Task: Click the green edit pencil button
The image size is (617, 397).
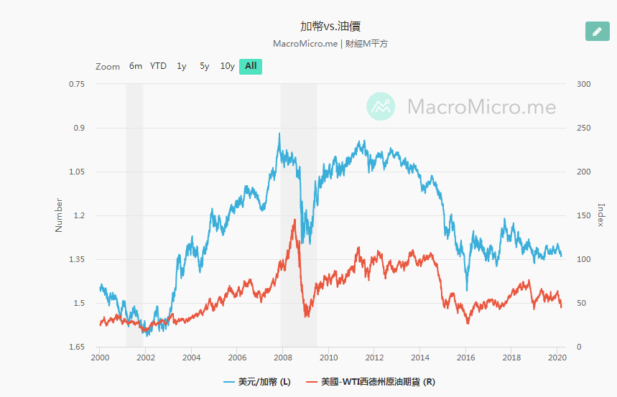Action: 597,32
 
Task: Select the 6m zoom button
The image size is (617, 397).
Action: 136,66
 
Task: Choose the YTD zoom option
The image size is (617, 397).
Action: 158,66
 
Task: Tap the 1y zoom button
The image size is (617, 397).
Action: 182,66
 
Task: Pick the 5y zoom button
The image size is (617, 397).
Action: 205,66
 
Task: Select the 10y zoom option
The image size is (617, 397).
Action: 227,66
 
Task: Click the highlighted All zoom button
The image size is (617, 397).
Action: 251,66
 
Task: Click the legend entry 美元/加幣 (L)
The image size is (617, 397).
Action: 257,382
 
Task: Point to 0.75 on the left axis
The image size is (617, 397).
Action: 77,84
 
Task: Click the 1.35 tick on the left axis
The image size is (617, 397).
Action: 76,259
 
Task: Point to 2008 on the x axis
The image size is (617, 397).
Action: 282,357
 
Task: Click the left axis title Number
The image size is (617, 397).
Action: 60,215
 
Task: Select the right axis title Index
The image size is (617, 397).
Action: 601,215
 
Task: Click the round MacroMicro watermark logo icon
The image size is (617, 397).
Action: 381,106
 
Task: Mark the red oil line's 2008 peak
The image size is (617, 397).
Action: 294,220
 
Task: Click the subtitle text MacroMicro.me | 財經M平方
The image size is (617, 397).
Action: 330,44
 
